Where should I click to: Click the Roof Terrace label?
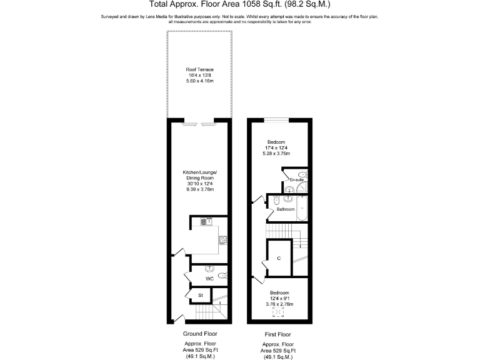(199, 69)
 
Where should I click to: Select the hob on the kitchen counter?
(222, 238)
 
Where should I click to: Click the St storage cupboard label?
(201, 295)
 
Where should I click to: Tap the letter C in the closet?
(279, 258)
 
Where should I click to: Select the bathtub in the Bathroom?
(302, 207)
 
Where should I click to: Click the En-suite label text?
(296, 180)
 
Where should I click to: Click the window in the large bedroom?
(276, 119)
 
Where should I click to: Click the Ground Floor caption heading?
(199, 334)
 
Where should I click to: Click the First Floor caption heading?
(279, 334)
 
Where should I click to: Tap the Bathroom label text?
(286, 209)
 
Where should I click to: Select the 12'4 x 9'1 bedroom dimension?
(279, 298)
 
